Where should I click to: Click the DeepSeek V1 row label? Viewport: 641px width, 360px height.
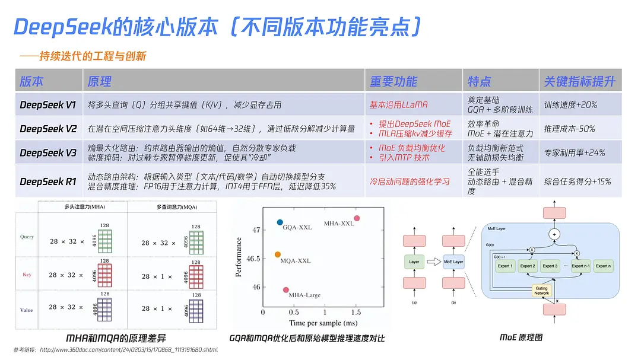click(47, 105)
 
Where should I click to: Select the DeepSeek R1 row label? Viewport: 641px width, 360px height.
click(47, 181)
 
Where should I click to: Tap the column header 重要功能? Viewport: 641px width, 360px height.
click(394, 81)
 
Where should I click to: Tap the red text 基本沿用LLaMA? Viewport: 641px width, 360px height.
click(398, 105)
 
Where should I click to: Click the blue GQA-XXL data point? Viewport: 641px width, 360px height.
click(280, 222)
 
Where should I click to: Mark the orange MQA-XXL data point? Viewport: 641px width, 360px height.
click(277, 254)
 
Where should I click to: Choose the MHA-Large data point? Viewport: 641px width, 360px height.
click(286, 289)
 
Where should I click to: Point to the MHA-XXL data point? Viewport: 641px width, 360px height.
click(357, 219)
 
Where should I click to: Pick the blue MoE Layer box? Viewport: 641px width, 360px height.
click(453, 262)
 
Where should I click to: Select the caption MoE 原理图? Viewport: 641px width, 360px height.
click(521, 337)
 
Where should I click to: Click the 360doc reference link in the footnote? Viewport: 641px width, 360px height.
click(129, 350)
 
